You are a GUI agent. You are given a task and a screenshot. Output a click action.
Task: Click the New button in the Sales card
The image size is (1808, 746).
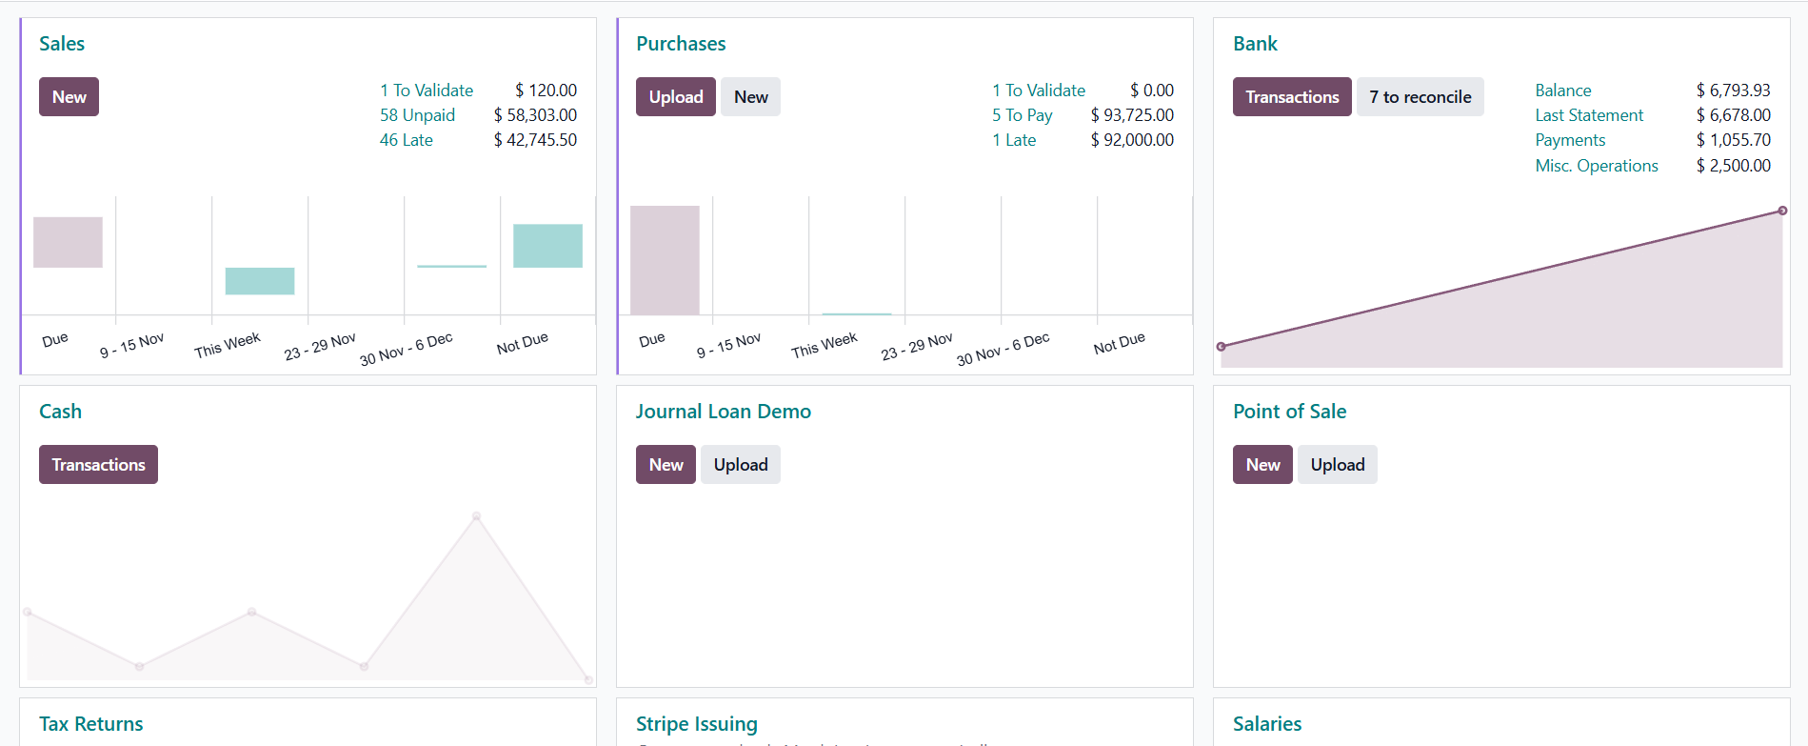coord(69,97)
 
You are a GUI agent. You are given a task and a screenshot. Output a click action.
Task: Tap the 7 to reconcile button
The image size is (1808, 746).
coord(1420,97)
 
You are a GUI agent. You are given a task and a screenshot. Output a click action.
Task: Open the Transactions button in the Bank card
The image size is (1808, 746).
coord(1291,97)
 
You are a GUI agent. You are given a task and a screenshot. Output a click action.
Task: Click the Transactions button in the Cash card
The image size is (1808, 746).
coord(98,465)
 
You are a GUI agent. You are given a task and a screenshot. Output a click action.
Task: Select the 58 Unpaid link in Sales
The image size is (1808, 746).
coord(417,115)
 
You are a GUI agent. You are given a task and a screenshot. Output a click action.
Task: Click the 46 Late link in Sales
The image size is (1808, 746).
coord(406,140)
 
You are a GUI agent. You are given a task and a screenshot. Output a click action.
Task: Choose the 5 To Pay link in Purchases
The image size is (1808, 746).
coord(1022,115)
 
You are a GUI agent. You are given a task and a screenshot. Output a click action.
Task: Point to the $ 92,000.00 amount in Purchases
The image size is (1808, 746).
coord(1132,140)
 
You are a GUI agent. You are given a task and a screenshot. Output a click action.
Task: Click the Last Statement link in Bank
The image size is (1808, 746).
coord(1588,115)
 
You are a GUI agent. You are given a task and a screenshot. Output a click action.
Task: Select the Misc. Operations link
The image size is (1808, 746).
coord(1596,166)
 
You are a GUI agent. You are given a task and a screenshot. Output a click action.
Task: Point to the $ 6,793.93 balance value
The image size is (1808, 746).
coord(1733,91)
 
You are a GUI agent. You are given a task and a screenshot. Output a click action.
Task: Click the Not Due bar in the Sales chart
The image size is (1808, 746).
coord(547,246)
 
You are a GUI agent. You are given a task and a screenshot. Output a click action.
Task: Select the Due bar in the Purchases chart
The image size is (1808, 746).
coord(665,260)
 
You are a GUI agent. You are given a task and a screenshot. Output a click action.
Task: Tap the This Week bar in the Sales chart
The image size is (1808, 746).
coord(260,281)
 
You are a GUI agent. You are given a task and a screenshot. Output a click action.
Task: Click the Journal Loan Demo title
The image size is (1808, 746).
coord(723,412)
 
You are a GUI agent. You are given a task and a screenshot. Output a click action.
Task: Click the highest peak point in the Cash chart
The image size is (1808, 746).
coord(477,516)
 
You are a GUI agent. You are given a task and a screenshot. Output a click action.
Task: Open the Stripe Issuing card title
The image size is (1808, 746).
coord(696,724)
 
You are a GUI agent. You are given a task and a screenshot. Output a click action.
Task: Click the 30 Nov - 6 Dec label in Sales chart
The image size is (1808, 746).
coord(406,349)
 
